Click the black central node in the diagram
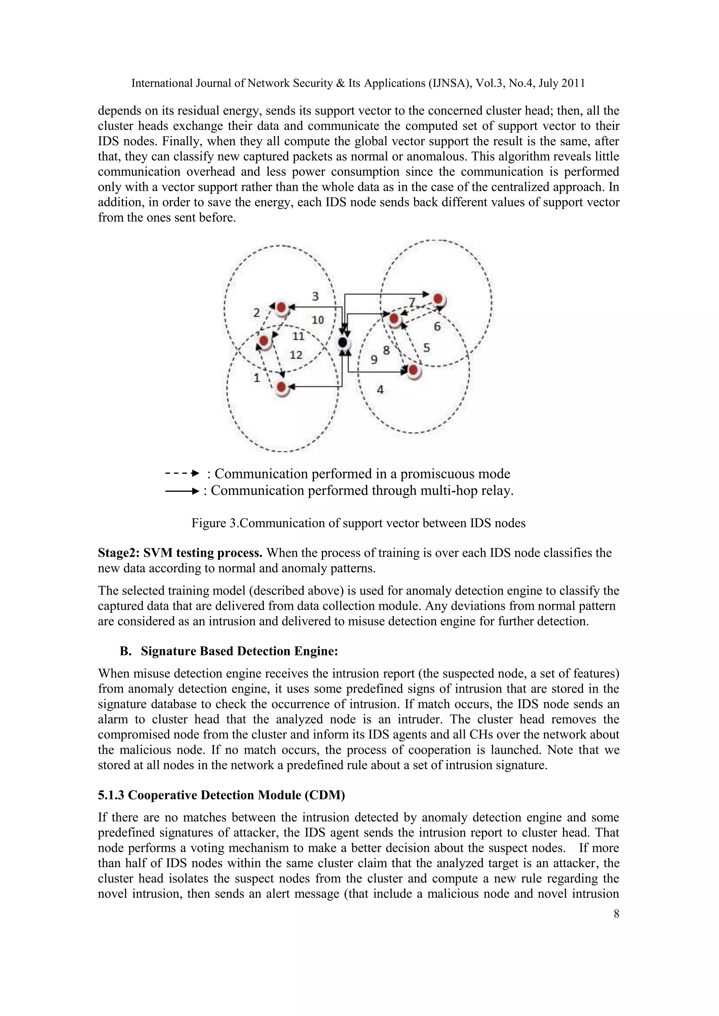342,342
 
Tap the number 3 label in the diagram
315,296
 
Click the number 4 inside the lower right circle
380,390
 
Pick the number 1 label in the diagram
256,378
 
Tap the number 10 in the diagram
317,320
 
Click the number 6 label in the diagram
437,327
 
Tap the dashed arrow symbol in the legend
182,474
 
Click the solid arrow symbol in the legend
182,491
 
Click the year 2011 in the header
573,83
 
